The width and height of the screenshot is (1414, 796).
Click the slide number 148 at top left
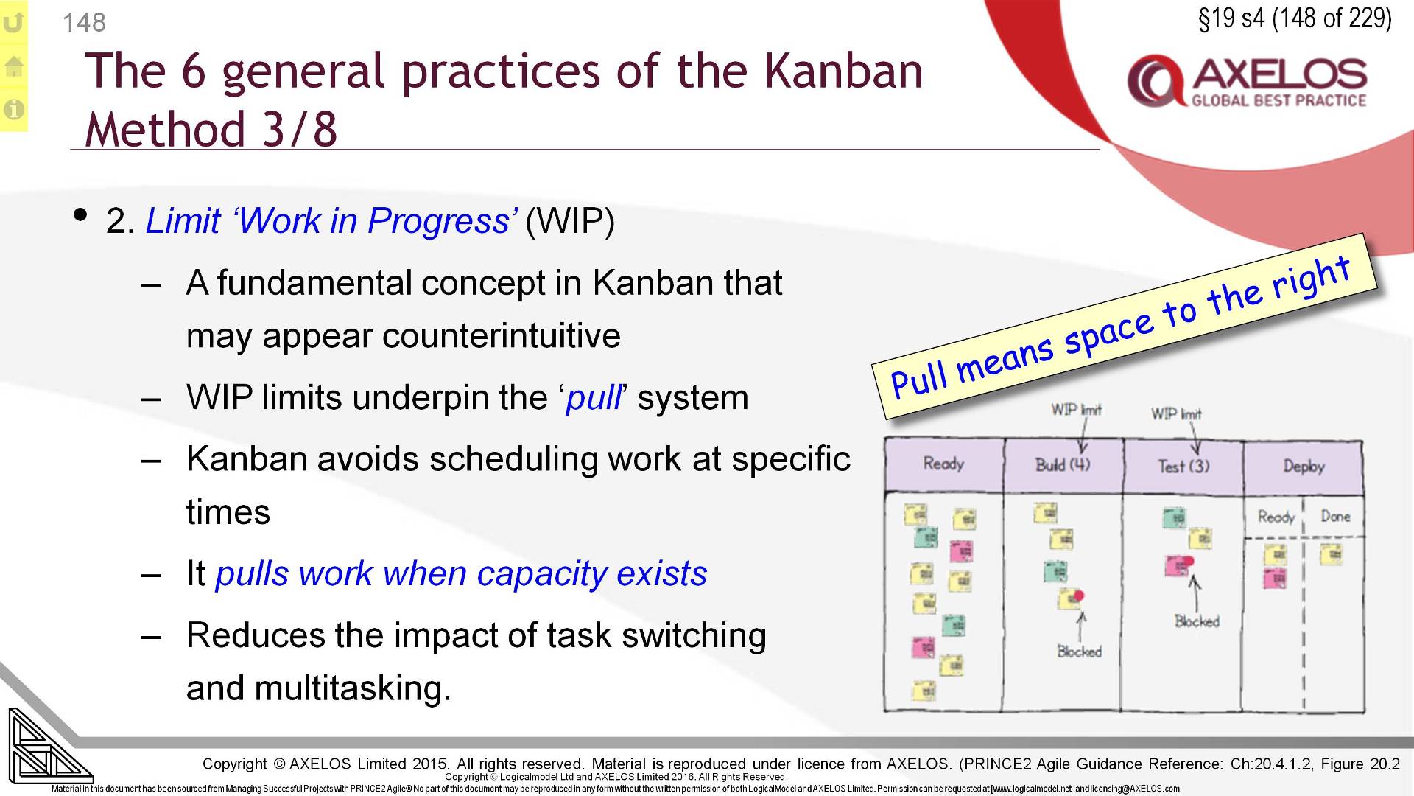coord(84,23)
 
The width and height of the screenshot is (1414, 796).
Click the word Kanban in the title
coord(843,71)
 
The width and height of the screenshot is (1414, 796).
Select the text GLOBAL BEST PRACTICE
coord(1278,101)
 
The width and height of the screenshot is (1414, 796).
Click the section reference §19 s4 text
coord(1231,18)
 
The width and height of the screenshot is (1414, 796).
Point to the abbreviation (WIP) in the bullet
coord(569,221)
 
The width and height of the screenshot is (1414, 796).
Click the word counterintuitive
coord(501,336)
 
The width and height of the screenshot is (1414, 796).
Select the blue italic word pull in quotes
coord(594,398)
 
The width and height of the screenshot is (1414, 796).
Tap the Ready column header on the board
coord(943,464)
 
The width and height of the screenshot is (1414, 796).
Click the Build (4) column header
coord(1062,464)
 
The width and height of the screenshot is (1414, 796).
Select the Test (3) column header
coord(1183,466)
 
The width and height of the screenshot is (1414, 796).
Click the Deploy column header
coord(1304,466)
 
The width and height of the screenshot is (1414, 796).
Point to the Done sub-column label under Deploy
coord(1334,517)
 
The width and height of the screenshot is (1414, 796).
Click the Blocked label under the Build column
coord(1079,652)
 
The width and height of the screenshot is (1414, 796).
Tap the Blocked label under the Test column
coord(1197,621)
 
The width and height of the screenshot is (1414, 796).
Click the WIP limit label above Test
coord(1176,414)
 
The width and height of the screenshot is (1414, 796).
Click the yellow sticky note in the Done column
coord(1331,554)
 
